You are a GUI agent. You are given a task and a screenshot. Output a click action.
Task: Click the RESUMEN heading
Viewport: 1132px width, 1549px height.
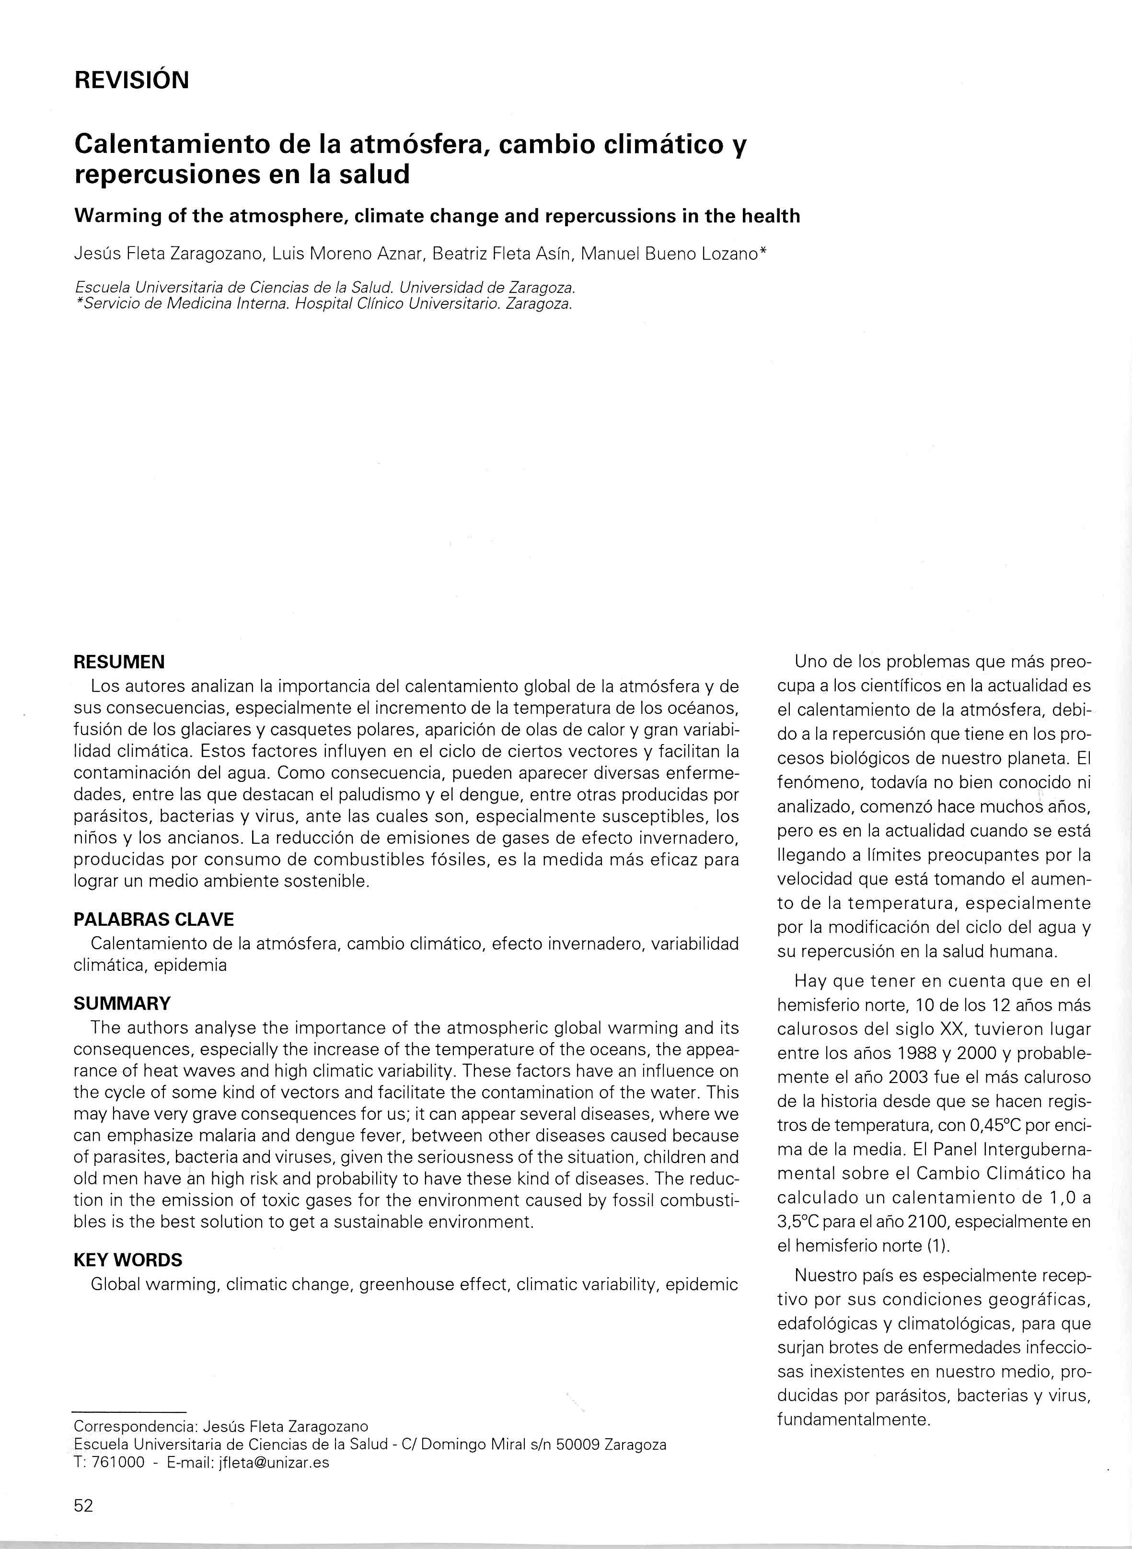[x=119, y=662]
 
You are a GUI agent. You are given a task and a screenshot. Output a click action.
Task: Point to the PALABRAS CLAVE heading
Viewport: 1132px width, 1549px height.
[x=153, y=919]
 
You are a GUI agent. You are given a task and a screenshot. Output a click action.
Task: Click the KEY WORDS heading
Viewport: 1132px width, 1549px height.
[x=128, y=1260]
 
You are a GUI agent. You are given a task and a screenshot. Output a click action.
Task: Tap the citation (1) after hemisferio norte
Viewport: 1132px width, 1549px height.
[x=937, y=1246]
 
